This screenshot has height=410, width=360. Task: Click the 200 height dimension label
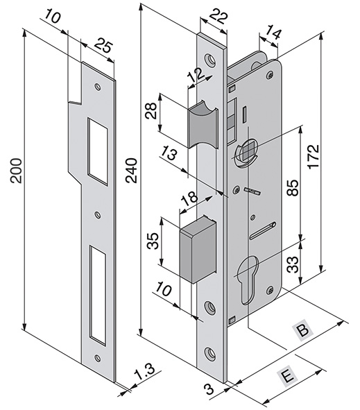point(16,171)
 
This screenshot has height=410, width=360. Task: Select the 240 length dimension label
point(131,171)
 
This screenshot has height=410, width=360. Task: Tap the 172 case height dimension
point(314,157)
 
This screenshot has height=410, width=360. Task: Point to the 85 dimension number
point(293,187)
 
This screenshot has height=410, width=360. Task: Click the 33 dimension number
point(293,264)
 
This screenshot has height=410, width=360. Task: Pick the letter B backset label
point(304,330)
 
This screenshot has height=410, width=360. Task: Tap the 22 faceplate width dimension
point(219,17)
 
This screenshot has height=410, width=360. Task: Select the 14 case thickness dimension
point(273,32)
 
